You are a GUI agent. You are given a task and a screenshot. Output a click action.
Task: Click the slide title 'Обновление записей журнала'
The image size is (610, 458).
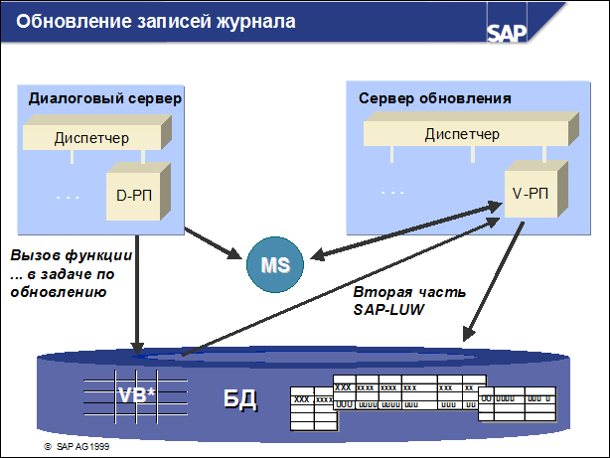(x=156, y=21)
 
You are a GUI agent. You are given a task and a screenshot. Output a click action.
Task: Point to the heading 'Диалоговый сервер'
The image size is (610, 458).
(x=104, y=99)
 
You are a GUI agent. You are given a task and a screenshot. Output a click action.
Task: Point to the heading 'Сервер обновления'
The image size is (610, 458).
(x=434, y=99)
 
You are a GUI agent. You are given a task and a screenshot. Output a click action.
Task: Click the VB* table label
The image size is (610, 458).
(x=138, y=394)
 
